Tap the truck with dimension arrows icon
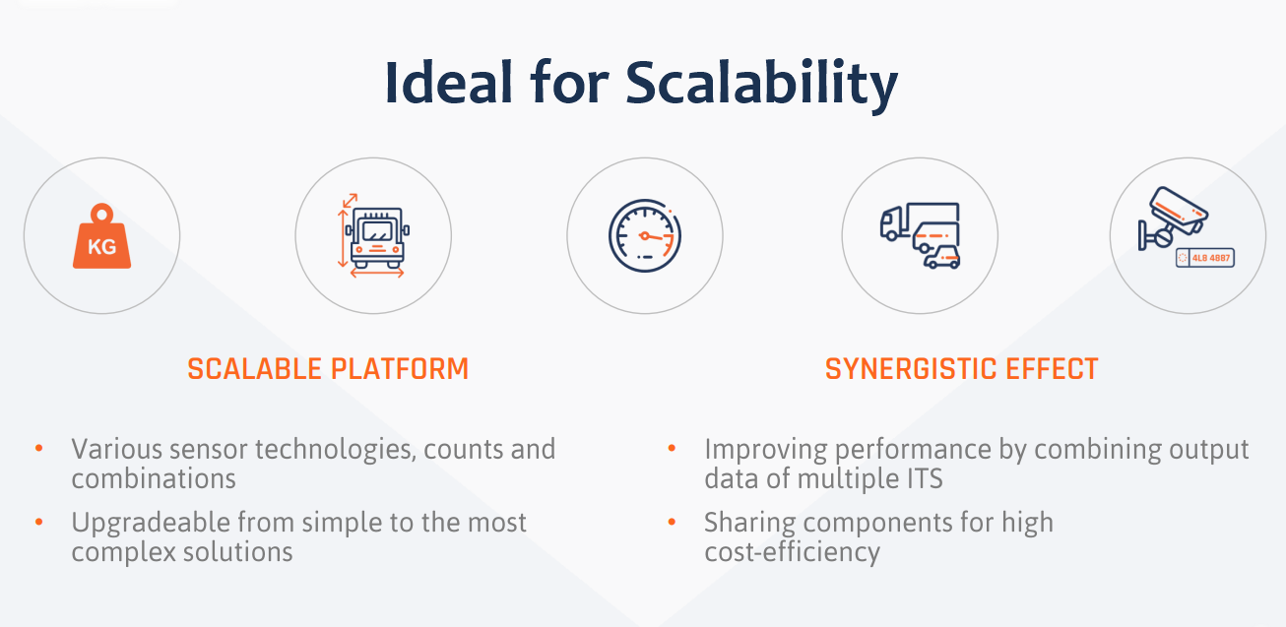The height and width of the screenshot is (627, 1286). (x=374, y=236)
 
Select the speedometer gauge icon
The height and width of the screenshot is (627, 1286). (x=645, y=236)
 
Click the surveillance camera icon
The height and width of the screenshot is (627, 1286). (x=1172, y=218)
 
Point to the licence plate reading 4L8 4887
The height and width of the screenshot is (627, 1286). (x=1205, y=258)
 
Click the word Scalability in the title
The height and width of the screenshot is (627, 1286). (x=762, y=84)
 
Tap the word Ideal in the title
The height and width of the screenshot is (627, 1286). (x=448, y=83)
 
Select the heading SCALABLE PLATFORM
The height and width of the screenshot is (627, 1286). (x=328, y=369)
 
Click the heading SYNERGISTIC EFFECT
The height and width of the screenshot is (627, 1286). (x=962, y=369)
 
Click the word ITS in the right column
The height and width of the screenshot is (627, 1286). (x=925, y=478)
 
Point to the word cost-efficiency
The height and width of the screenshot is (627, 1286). (x=792, y=552)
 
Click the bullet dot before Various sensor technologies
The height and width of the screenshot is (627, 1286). (x=39, y=448)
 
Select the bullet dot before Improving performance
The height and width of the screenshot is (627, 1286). (x=672, y=448)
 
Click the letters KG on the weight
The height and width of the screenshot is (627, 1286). (x=101, y=247)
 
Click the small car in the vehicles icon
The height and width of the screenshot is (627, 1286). (x=941, y=257)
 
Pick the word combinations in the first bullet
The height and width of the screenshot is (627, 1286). (x=154, y=478)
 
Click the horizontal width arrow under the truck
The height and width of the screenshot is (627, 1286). (x=376, y=273)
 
